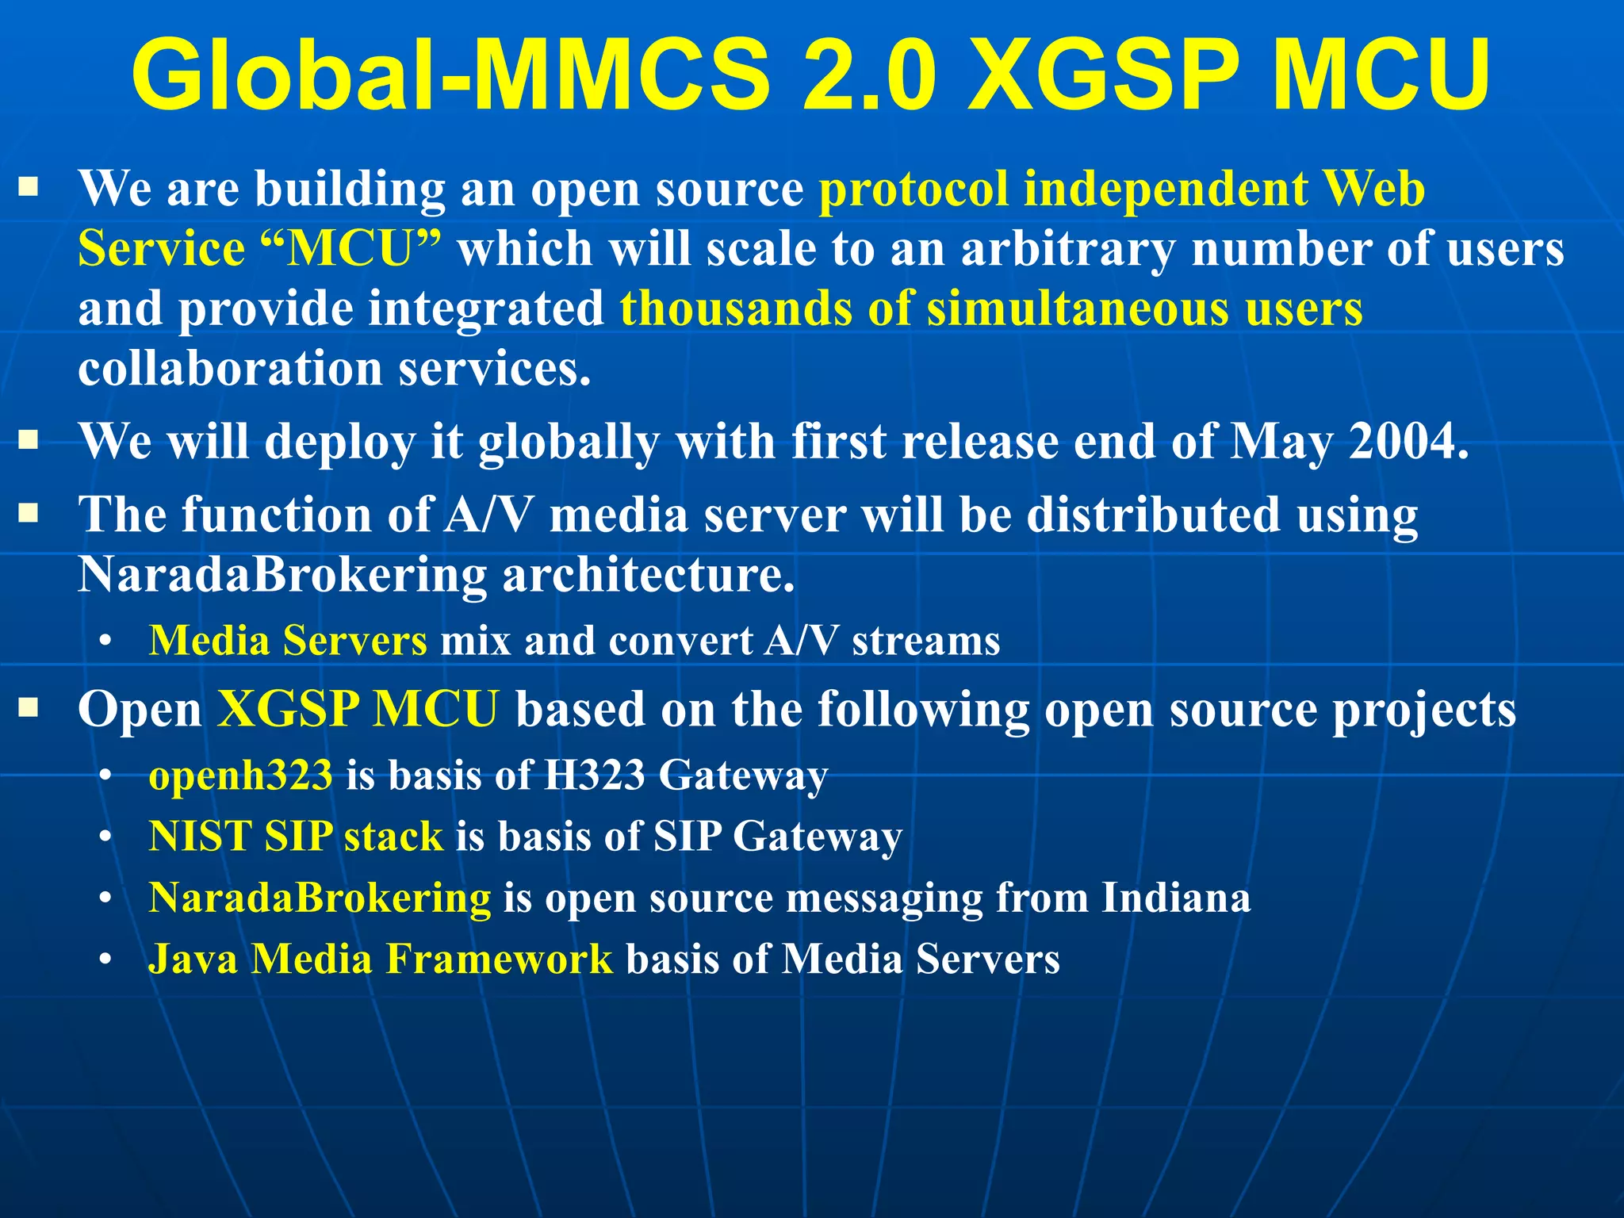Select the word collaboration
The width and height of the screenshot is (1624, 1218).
click(231, 369)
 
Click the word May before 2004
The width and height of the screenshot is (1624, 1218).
click(1281, 442)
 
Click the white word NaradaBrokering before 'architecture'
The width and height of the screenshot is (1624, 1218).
click(282, 574)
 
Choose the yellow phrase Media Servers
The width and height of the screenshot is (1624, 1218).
click(288, 641)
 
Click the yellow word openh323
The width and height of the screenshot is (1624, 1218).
click(240, 776)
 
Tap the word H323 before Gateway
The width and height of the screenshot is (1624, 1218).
click(594, 775)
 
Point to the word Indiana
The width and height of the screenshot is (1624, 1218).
click(1176, 898)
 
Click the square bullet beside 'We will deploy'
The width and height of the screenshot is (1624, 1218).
click(29, 439)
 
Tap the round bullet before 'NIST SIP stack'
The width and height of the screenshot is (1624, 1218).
click(105, 837)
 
